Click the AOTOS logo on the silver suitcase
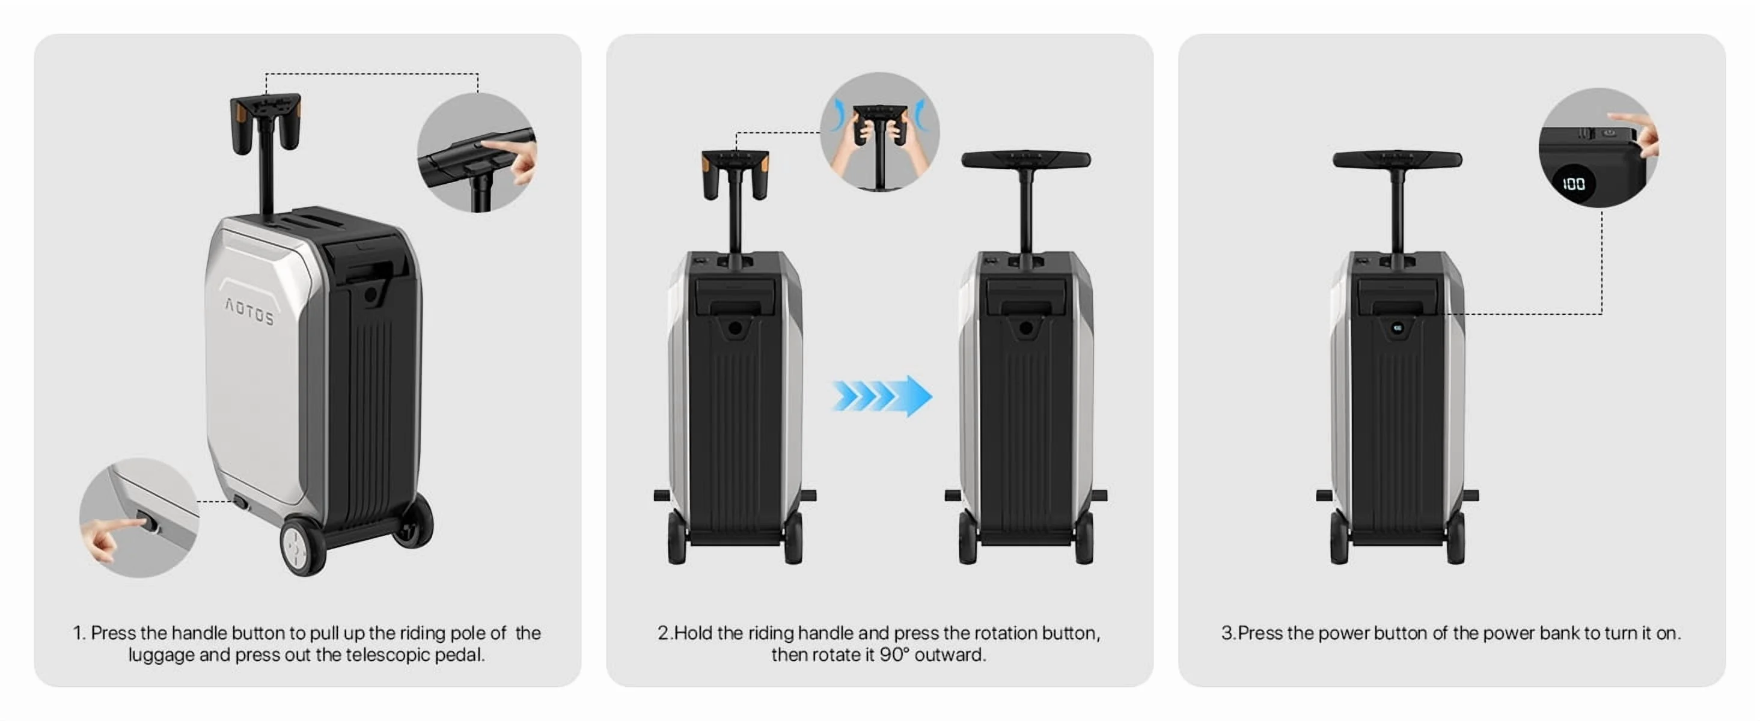[250, 312]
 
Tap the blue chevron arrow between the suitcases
[881, 396]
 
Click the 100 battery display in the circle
[1574, 184]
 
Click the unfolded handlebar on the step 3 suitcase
[1397, 160]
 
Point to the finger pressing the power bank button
[1636, 133]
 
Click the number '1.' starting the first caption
[79, 633]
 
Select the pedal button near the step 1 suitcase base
[240, 502]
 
